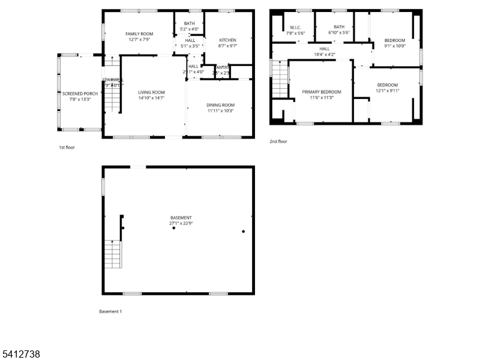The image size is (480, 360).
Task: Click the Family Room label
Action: (140, 34)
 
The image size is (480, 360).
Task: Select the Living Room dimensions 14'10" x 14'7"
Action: (151, 98)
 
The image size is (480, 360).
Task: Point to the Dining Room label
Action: (220, 105)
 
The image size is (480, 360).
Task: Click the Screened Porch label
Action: (80, 94)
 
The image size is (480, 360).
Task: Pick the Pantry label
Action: (221, 67)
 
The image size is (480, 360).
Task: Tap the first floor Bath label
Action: (189, 23)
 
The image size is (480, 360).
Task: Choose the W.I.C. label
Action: (295, 27)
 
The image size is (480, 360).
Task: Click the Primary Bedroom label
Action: (322, 92)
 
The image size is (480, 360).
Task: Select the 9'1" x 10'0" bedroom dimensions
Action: (395, 46)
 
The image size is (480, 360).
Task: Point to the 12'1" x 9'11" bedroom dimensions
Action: (387, 91)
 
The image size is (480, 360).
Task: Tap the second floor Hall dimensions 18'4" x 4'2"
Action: (325, 55)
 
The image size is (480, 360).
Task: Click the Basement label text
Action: (181, 218)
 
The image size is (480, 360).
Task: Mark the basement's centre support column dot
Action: (174, 228)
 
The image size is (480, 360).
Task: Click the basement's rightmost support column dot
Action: (243, 231)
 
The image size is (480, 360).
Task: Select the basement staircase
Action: (113, 254)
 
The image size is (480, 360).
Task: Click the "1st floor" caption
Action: (67, 147)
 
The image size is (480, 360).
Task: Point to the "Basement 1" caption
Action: (110, 311)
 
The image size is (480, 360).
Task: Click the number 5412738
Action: (21, 354)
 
